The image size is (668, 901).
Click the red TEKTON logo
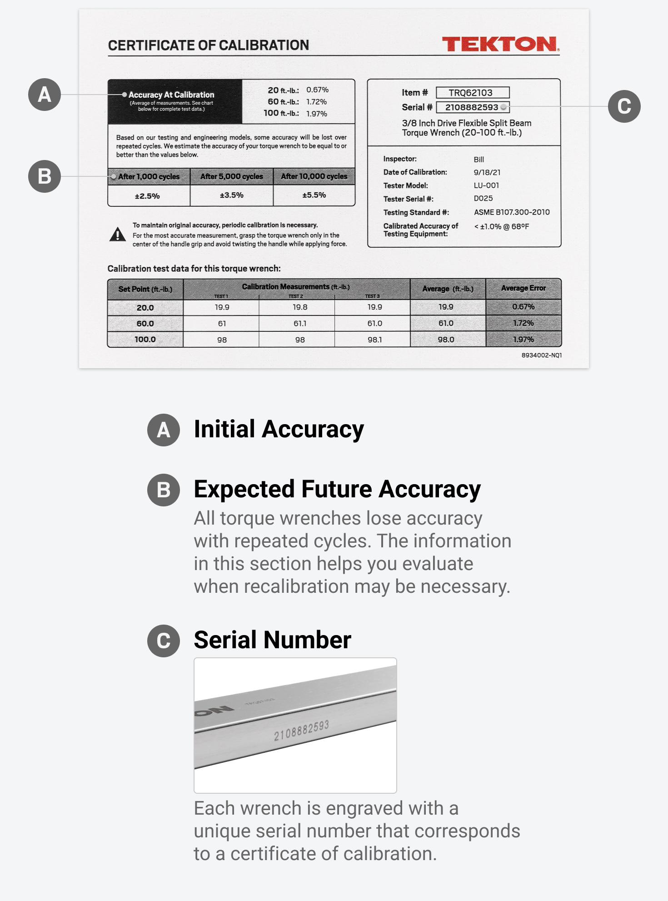pyautogui.click(x=500, y=44)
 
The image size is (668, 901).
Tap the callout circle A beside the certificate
pyautogui.click(x=45, y=95)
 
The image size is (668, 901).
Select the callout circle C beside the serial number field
pyautogui.click(x=624, y=106)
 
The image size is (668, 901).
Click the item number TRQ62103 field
pyautogui.click(x=472, y=93)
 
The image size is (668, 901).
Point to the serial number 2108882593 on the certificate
pyautogui.click(x=472, y=107)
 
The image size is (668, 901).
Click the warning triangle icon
pyautogui.click(x=118, y=235)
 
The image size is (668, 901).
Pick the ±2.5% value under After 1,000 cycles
pyautogui.click(x=147, y=196)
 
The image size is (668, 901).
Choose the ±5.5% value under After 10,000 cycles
pyautogui.click(x=314, y=195)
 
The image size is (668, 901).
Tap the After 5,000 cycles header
pyautogui.click(x=232, y=176)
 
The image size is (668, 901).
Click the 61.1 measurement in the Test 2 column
pyautogui.click(x=300, y=323)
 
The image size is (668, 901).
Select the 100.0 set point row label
pyautogui.click(x=145, y=339)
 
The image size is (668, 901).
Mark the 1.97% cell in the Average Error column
pyautogui.click(x=523, y=339)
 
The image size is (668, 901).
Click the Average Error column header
pyautogui.click(x=523, y=288)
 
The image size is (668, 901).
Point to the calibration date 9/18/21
pyautogui.click(x=487, y=172)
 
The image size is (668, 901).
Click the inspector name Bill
pyautogui.click(x=479, y=160)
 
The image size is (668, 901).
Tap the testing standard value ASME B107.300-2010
pyautogui.click(x=512, y=212)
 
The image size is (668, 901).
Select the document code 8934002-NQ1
pyautogui.click(x=541, y=355)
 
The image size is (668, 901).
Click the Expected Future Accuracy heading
pyautogui.click(x=337, y=489)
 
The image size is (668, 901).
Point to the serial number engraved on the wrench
pyautogui.click(x=301, y=730)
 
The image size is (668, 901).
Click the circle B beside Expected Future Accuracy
pyautogui.click(x=164, y=490)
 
